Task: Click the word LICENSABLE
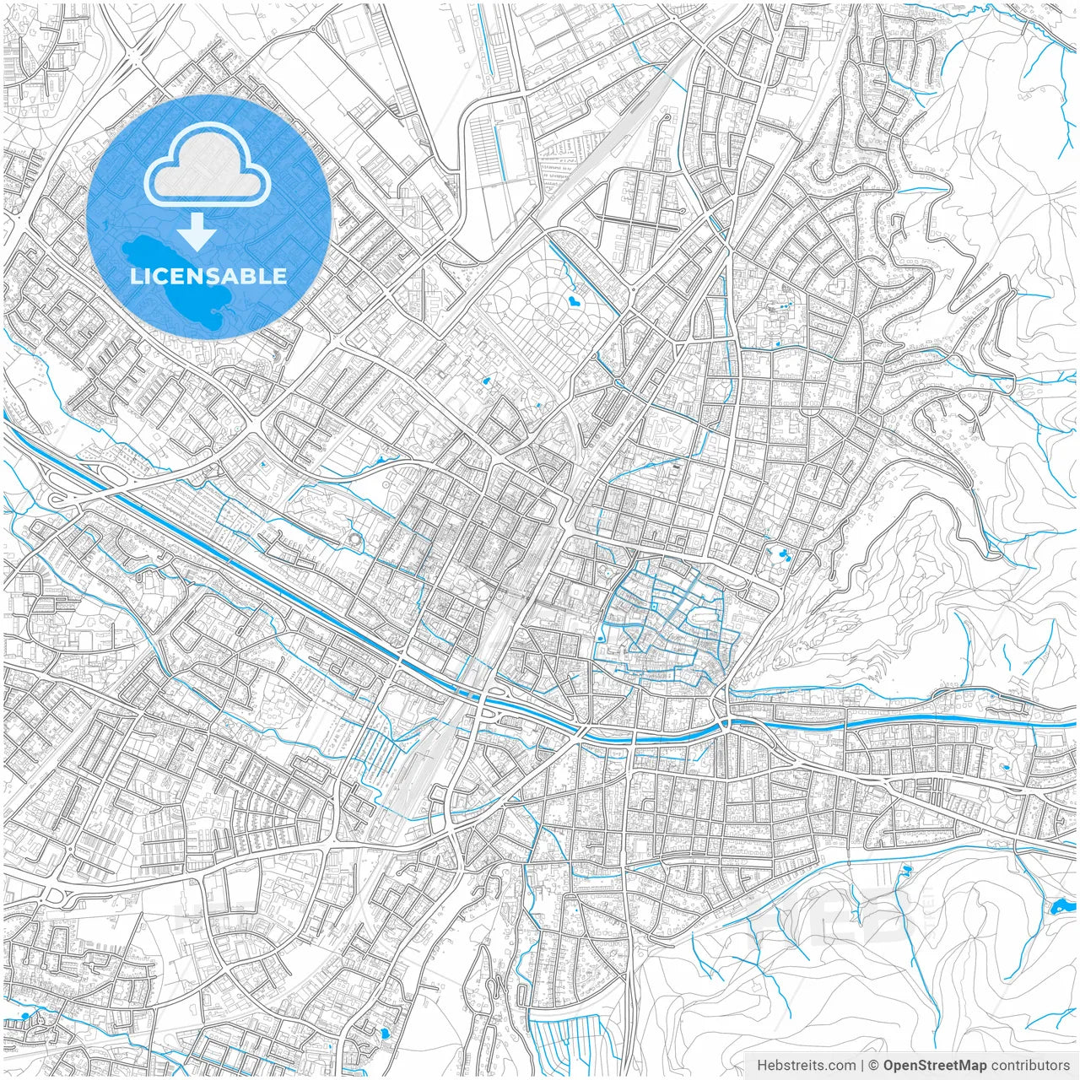(208, 276)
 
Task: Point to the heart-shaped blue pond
(574, 299)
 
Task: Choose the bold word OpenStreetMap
(935, 1066)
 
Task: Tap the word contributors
(1030, 1066)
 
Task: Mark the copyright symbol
(874, 1066)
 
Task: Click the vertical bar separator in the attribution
(861, 1066)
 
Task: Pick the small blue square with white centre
(652, 606)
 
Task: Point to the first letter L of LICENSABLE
(135, 276)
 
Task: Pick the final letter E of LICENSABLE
(280, 276)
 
